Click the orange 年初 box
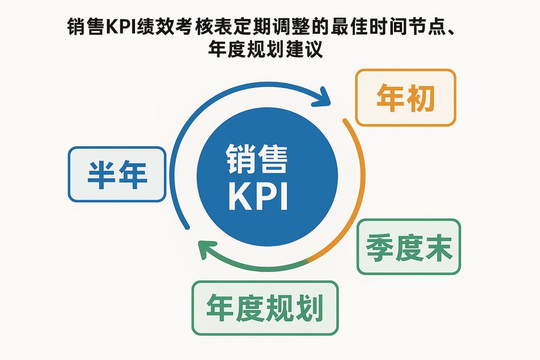coord(405,98)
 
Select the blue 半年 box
coord(117,174)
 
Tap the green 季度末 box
coord(408,247)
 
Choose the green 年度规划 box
coord(264,308)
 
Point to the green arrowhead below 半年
coord(206,248)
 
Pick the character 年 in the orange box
coord(391,98)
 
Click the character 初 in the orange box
coord(420,98)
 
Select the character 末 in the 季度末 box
coord(438,247)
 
